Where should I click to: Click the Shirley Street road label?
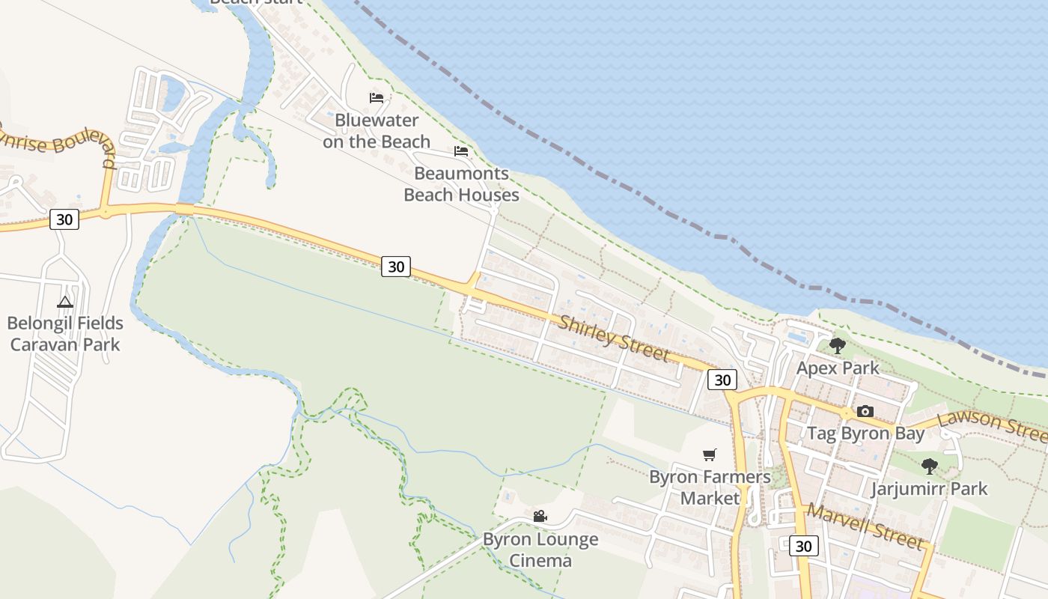click(x=613, y=338)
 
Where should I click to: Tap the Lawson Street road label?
click(x=991, y=425)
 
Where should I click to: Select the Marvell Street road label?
click(x=864, y=526)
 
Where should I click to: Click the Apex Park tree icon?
click(x=838, y=346)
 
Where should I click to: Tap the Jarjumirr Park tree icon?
click(x=929, y=466)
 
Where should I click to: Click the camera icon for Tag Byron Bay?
click(x=865, y=411)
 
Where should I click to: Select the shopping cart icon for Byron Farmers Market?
click(x=710, y=454)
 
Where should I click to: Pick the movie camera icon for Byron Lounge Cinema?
click(x=540, y=516)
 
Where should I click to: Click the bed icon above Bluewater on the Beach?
click(x=377, y=98)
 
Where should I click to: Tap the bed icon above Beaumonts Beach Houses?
click(x=461, y=151)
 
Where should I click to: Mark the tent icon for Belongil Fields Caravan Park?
click(x=65, y=302)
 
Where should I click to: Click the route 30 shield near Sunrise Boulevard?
click(x=64, y=219)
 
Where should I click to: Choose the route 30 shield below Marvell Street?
click(x=803, y=546)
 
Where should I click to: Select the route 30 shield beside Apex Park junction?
click(x=722, y=380)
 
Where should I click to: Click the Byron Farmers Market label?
click(x=710, y=487)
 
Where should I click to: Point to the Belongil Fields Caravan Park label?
click(x=64, y=334)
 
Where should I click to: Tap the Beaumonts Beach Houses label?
click(x=461, y=184)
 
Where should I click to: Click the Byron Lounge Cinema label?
click(x=540, y=550)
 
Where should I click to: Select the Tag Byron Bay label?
click(x=865, y=434)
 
